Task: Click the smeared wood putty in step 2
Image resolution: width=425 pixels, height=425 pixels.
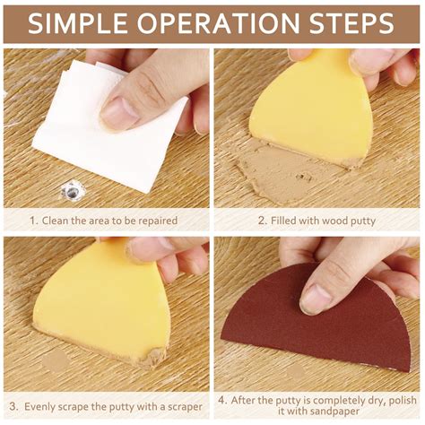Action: (278, 170)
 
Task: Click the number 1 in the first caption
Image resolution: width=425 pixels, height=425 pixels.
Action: (33, 220)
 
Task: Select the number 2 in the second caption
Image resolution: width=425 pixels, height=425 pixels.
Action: (261, 220)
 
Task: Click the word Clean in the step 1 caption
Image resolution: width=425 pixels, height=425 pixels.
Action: (59, 220)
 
